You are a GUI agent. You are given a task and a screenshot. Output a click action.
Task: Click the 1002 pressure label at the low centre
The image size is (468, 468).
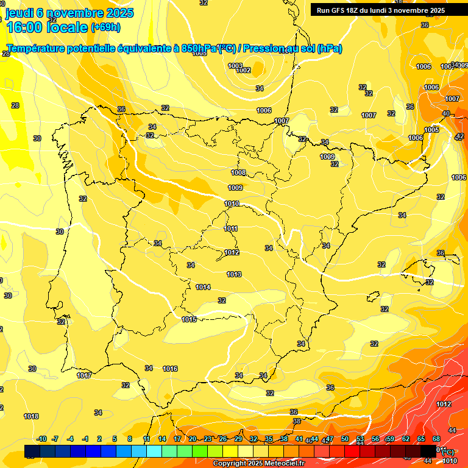243,71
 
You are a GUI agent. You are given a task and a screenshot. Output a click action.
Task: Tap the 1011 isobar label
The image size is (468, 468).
231,229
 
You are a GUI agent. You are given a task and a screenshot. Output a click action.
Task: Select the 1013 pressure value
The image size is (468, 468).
234,274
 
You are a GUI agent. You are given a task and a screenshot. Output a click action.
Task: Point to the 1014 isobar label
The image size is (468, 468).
203,287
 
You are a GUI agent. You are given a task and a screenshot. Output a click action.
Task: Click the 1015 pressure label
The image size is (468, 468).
189,319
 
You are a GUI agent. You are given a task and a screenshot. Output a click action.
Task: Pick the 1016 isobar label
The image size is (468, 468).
170,369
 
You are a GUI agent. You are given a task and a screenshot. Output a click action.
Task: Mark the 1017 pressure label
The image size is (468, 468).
84,375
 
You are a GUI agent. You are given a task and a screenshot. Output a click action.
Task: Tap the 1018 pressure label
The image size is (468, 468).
31,416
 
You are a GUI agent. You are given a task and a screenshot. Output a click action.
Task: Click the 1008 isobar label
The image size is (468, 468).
238,172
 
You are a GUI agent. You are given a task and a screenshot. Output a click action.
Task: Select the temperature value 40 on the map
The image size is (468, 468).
446,113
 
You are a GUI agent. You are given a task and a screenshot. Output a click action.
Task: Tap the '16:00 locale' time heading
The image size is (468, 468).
46,27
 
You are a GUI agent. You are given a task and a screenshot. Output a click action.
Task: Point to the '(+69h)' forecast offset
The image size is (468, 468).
105,27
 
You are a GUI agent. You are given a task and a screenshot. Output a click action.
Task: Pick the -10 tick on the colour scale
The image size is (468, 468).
41,439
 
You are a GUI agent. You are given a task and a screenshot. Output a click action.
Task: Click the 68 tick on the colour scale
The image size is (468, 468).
436,439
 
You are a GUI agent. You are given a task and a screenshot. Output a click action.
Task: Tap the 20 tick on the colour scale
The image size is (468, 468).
193,439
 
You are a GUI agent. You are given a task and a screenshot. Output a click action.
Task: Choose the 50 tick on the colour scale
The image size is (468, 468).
345,439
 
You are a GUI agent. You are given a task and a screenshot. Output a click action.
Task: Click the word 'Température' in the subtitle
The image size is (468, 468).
37,49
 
